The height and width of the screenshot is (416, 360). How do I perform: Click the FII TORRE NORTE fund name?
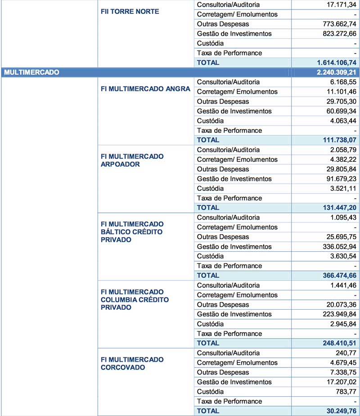(x=130, y=11)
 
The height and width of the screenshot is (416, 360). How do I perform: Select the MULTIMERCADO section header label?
(x=31, y=72)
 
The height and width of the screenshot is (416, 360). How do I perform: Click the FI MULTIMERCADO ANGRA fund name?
(x=145, y=89)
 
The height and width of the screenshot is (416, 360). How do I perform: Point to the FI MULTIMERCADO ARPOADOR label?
(x=132, y=160)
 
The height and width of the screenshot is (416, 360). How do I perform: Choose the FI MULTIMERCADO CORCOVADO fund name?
(x=132, y=363)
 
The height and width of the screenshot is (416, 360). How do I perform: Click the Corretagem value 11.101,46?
(x=339, y=92)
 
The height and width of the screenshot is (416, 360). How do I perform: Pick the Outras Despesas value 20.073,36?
(x=339, y=305)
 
